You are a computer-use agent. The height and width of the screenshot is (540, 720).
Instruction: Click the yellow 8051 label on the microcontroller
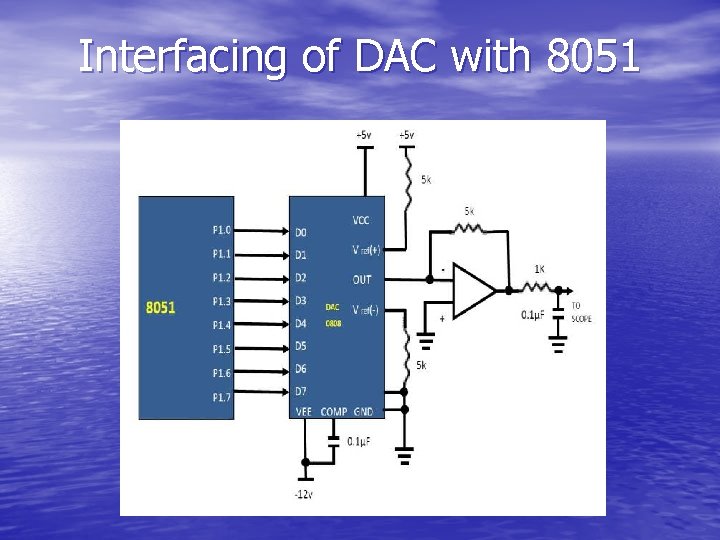point(160,307)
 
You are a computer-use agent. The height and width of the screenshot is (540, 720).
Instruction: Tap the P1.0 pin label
point(221,229)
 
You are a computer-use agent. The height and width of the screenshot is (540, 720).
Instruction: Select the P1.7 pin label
point(221,397)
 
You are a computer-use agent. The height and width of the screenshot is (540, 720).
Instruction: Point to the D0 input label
point(301,231)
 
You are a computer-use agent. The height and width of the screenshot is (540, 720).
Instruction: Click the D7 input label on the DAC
point(301,390)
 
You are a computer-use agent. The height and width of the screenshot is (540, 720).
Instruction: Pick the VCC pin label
point(362,220)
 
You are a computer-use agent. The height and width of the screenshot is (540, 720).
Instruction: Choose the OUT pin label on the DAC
point(362,279)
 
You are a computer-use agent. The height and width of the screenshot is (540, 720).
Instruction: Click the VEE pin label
point(304,412)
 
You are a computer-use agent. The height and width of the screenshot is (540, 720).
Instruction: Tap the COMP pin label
point(335,412)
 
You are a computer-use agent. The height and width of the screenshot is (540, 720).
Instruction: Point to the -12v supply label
point(304,496)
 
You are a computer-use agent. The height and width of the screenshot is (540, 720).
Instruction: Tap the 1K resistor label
point(539,269)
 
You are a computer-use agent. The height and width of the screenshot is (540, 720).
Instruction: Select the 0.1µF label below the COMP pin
point(359,441)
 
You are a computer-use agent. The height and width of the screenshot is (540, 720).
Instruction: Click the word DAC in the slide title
point(394,57)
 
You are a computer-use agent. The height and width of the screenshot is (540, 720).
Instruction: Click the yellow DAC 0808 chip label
point(333,315)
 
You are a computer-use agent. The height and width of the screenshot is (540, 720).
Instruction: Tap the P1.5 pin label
point(221,349)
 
